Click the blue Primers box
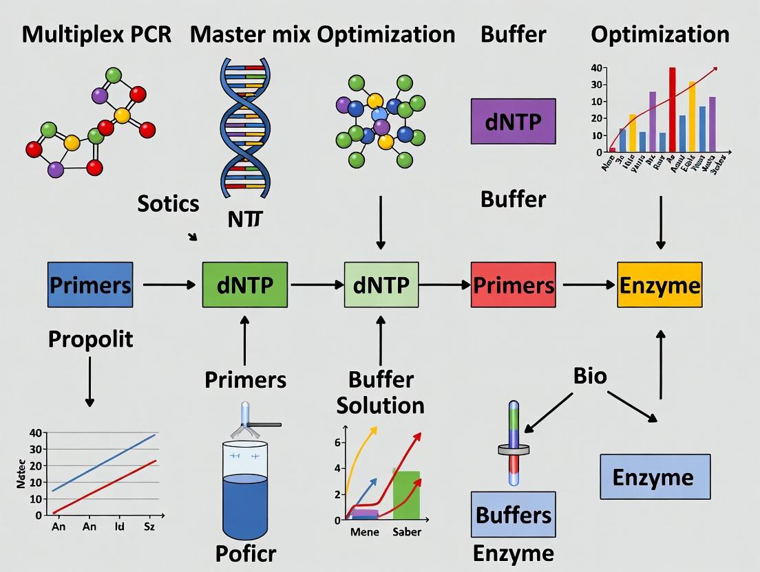89,284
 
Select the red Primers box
513,285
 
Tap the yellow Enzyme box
659,285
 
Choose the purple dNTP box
513,121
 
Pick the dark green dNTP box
245,285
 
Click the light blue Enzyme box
655,476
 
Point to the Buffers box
514,514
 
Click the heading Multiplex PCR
96,34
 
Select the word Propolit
90,339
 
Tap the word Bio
590,375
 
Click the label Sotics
168,203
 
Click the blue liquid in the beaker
245,505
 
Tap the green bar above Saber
406,495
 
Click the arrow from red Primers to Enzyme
586,285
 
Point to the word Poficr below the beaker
246,553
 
